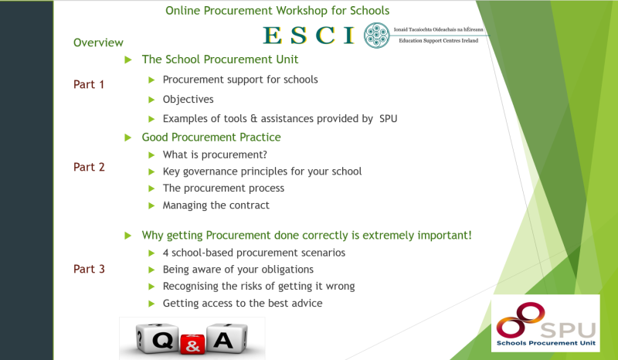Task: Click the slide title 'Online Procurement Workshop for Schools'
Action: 277,11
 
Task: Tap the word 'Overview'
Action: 98,42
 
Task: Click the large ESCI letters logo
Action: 308,35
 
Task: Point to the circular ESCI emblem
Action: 376,35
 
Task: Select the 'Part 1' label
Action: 89,84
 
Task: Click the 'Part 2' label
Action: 89,167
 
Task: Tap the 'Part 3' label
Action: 89,269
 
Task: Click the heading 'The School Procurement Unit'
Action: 219,59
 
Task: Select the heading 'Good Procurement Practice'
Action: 211,138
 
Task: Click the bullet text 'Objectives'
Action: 188,99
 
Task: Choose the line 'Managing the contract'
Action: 216,205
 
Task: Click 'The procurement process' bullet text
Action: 223,188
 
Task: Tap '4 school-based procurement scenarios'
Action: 253,253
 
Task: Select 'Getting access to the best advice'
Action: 242,304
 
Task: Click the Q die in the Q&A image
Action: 154,338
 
